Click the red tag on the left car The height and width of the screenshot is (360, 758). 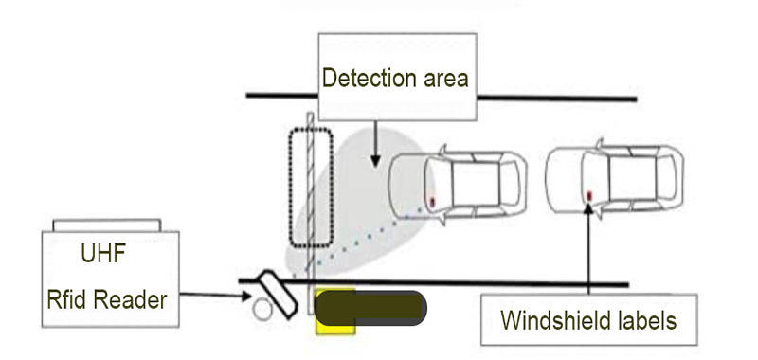click(x=432, y=202)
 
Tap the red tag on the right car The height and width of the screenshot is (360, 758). click(x=588, y=195)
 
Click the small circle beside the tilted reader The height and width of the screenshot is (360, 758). click(x=262, y=307)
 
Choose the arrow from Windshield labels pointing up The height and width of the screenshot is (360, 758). click(x=589, y=246)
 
